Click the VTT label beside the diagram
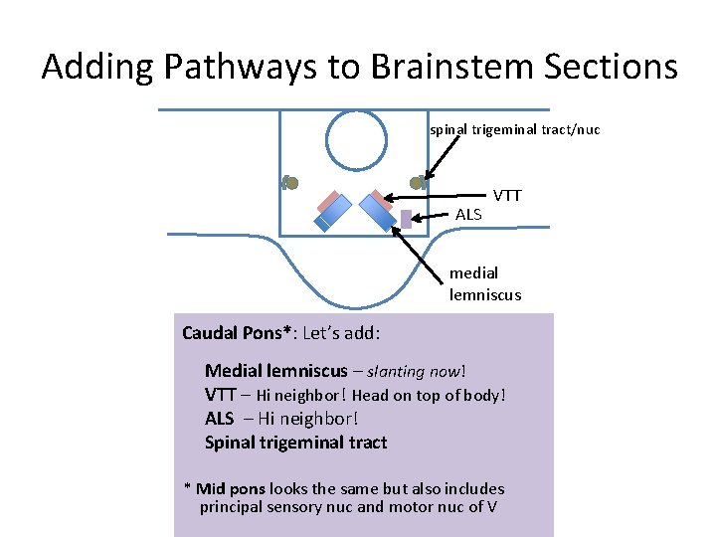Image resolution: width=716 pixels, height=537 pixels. pos(506,196)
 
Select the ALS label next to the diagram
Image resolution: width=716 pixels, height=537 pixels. pos(468,214)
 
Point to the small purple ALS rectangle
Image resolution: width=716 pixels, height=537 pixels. pos(406,219)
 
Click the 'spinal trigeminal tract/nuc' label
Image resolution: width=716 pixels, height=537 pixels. pos(514,129)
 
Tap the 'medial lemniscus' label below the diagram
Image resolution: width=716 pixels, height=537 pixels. pos(484,283)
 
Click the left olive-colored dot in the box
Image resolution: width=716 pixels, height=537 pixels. pos(290,182)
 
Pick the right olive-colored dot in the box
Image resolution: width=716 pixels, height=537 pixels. pos(419,182)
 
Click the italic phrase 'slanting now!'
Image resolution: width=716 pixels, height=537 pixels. pos(416,371)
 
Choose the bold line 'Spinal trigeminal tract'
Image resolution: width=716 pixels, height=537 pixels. pos(295,443)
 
